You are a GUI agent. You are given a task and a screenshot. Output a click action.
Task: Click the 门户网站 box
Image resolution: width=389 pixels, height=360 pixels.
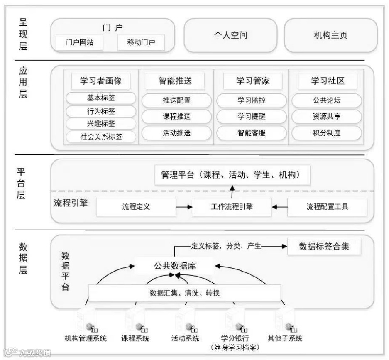(79, 43)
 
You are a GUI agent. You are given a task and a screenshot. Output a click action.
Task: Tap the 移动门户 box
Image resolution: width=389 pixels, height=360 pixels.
(141, 43)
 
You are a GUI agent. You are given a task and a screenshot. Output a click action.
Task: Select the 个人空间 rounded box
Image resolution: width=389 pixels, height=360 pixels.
(230, 35)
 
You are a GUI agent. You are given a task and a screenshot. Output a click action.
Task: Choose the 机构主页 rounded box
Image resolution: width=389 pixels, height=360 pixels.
(330, 35)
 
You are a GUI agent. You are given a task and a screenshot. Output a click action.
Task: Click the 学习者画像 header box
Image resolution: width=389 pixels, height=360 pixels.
(101, 81)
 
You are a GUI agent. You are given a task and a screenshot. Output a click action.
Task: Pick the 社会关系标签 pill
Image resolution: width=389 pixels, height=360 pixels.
(101, 137)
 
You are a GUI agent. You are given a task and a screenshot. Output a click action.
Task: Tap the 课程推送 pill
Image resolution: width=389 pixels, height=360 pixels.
(176, 117)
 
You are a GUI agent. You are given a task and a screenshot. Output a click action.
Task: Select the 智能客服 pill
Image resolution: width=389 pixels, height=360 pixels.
(251, 133)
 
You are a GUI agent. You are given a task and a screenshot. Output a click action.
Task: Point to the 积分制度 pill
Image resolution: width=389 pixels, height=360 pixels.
(326, 133)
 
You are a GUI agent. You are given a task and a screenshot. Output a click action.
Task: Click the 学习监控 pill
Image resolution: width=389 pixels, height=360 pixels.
(251, 100)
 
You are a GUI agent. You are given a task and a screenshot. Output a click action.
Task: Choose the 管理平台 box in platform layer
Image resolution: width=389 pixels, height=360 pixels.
(233, 175)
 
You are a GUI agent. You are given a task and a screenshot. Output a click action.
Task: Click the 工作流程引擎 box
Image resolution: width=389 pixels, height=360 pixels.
(232, 207)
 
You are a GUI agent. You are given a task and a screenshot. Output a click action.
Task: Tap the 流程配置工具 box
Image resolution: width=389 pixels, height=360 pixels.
(327, 207)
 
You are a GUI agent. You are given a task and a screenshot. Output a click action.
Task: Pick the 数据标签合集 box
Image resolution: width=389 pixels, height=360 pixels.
(324, 246)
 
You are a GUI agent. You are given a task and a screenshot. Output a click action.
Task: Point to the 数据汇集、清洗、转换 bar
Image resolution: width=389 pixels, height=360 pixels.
(185, 293)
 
